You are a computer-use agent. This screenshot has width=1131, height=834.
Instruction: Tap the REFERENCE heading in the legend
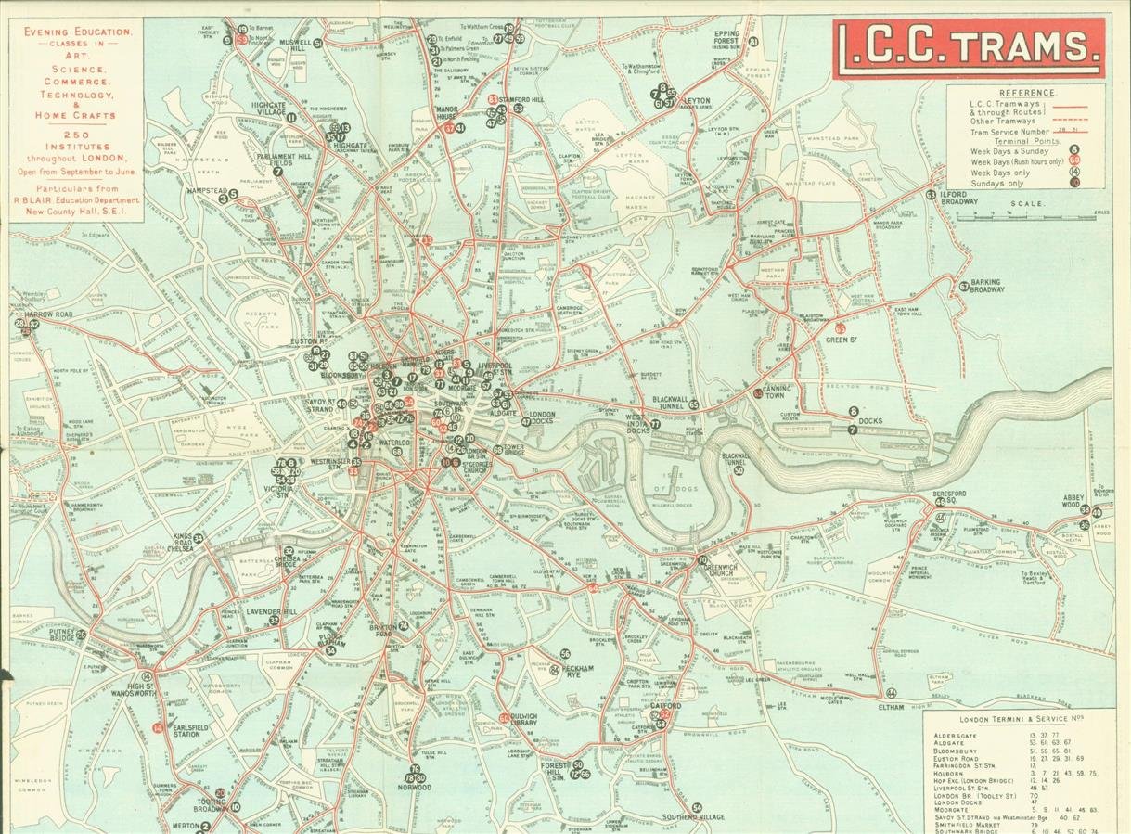pyautogui.click(x=1028, y=93)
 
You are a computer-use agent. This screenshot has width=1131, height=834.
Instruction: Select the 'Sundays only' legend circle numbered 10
pyautogui.click(x=1074, y=183)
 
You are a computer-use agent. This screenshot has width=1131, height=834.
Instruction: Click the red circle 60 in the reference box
pyautogui.click(x=1074, y=160)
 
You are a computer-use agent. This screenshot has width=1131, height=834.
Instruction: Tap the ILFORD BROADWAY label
pyautogui.click(x=958, y=197)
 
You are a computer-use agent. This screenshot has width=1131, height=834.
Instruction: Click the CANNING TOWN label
pyautogui.click(x=777, y=393)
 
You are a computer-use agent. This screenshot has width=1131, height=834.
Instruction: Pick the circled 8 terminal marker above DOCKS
pyautogui.click(x=853, y=412)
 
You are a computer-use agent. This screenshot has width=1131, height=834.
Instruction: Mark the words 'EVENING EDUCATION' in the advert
pyautogui.click(x=77, y=32)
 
